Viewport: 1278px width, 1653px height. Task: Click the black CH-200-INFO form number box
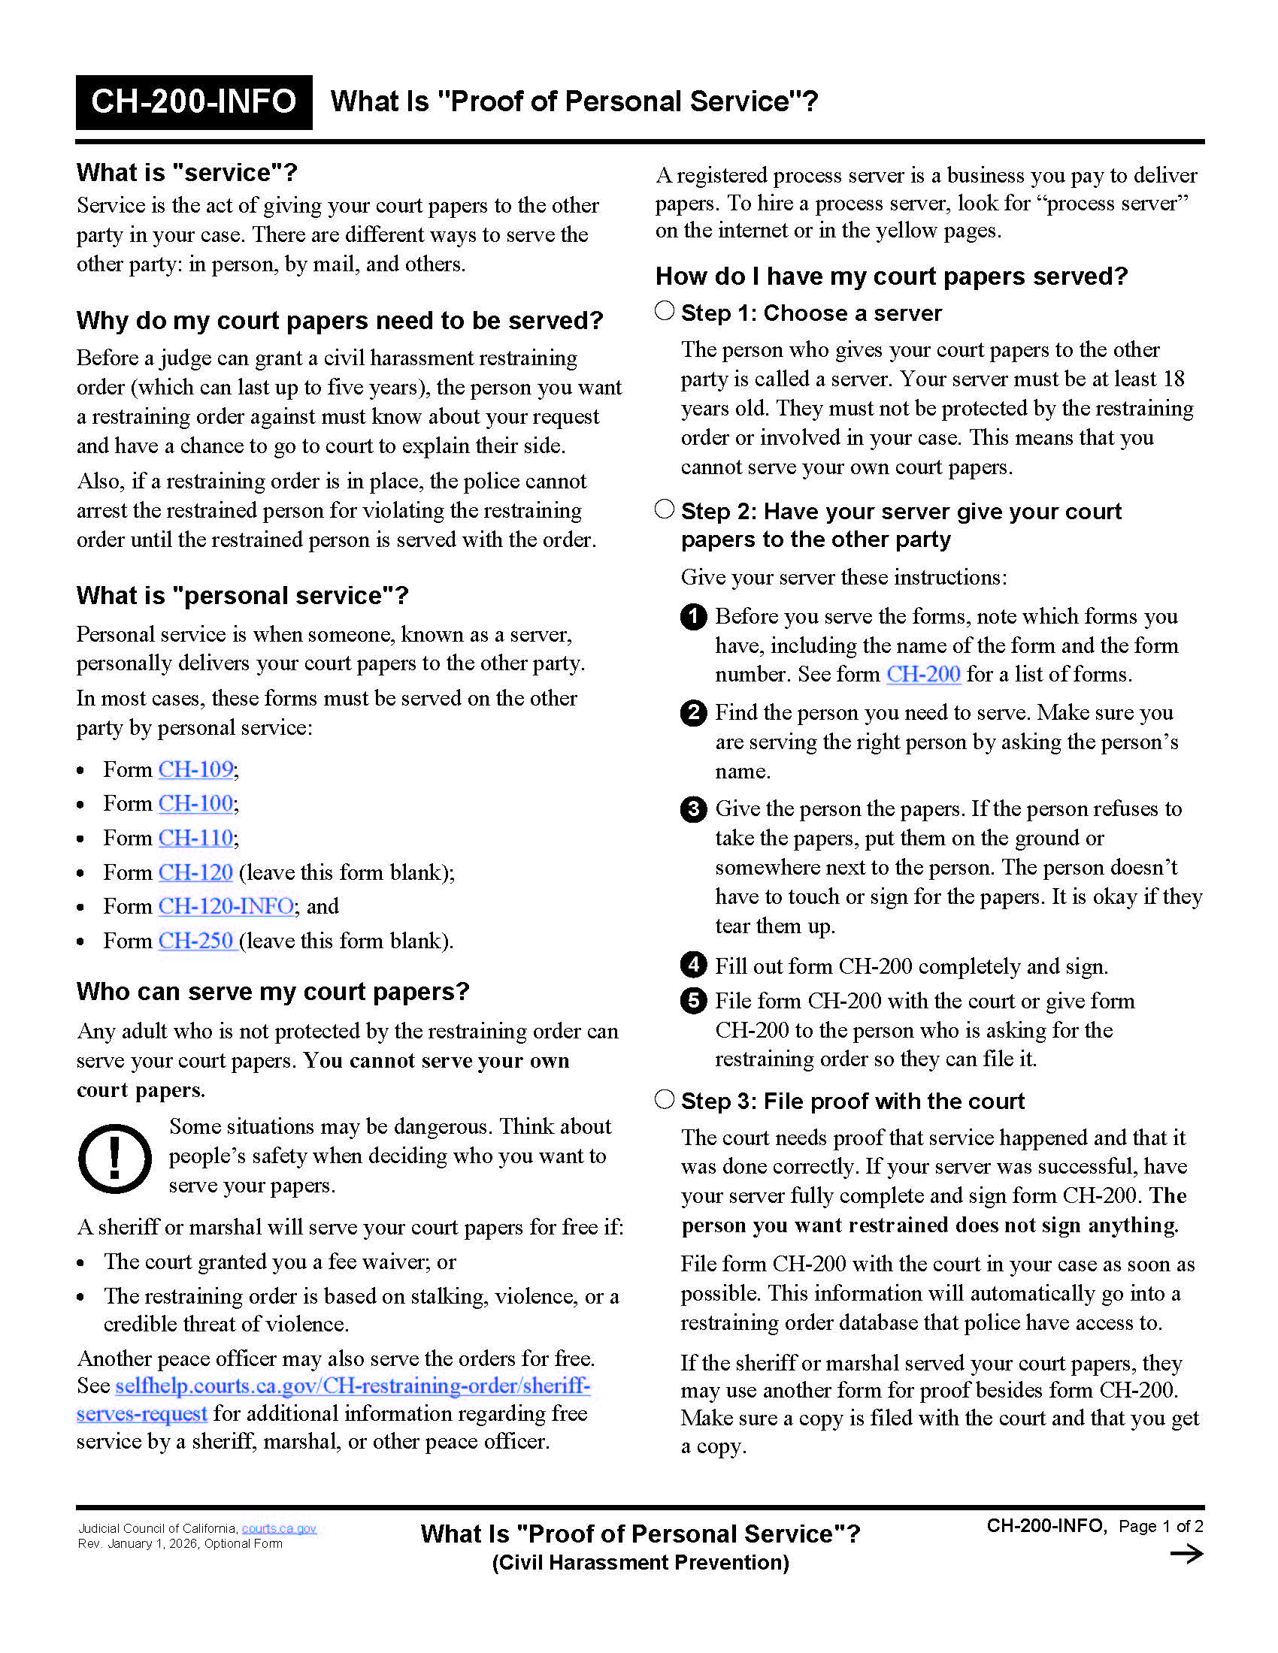(x=194, y=102)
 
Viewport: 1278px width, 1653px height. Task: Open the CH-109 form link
(x=195, y=769)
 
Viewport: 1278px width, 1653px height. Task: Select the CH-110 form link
(x=195, y=838)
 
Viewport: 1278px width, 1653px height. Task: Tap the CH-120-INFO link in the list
(x=226, y=906)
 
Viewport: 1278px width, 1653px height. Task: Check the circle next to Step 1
(x=664, y=311)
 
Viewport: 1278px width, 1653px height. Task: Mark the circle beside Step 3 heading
(x=664, y=1099)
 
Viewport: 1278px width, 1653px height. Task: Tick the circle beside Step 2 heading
(x=664, y=509)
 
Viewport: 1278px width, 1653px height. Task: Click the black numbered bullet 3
(x=693, y=809)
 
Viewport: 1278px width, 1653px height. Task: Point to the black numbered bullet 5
(x=693, y=1001)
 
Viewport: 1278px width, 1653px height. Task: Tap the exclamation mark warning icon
(x=114, y=1158)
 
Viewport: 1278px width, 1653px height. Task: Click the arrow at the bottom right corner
(x=1186, y=1555)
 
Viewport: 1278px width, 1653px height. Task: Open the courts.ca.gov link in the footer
(x=279, y=1528)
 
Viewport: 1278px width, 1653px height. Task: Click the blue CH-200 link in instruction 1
(x=923, y=675)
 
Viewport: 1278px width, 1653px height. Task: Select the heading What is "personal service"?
(x=242, y=596)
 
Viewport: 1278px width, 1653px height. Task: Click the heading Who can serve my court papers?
(x=273, y=992)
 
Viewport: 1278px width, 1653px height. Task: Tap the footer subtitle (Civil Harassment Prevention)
(x=640, y=1563)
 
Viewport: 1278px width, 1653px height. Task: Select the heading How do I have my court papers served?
(x=891, y=277)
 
